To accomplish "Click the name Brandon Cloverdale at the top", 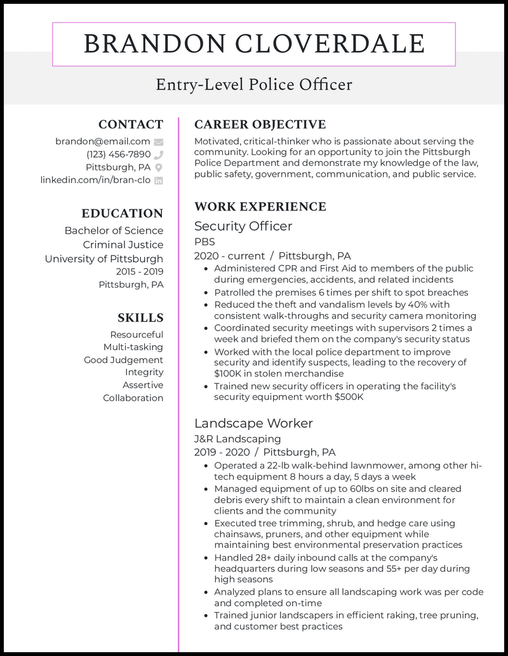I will point(254,44).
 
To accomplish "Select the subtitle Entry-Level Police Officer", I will point(254,85).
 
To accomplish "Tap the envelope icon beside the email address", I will point(159,142).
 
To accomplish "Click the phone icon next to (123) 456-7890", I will point(159,154).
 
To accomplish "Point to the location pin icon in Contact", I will point(159,167).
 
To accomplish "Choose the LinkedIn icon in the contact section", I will point(159,181).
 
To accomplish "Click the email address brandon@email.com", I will point(102,142).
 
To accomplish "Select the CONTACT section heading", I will point(131,125).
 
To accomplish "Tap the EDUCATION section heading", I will point(122,214).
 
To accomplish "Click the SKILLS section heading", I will point(140,318).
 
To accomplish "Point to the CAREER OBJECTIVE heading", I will point(260,125).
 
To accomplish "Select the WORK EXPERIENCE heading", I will point(260,207).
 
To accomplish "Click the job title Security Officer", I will point(243,226).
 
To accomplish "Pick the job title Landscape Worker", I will point(253,423).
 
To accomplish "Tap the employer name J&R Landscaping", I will point(237,439).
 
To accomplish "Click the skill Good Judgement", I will point(123,360).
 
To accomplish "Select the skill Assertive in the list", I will point(143,385).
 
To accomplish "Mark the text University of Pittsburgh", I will point(104,259).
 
